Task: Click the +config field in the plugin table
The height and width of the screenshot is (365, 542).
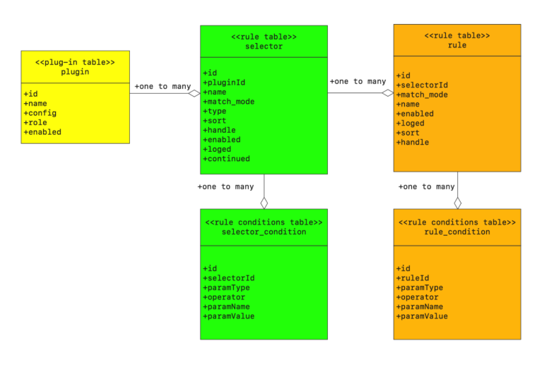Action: (x=40, y=113)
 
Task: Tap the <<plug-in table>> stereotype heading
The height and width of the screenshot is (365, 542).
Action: (x=75, y=62)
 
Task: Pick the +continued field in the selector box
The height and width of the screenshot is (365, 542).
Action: (x=226, y=159)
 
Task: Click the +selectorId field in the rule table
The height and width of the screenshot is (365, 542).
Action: (x=422, y=85)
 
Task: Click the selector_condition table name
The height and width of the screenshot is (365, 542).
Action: (x=264, y=232)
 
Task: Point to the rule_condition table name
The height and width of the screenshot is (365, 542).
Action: (x=456, y=232)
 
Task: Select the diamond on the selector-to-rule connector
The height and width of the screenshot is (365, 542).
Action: (x=387, y=92)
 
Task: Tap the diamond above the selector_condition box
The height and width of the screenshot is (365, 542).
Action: (x=264, y=203)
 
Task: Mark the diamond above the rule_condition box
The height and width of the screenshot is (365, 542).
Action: (x=457, y=203)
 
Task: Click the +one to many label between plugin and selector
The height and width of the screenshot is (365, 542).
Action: (x=163, y=87)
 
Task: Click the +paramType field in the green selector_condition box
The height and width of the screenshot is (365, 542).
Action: (x=226, y=287)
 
